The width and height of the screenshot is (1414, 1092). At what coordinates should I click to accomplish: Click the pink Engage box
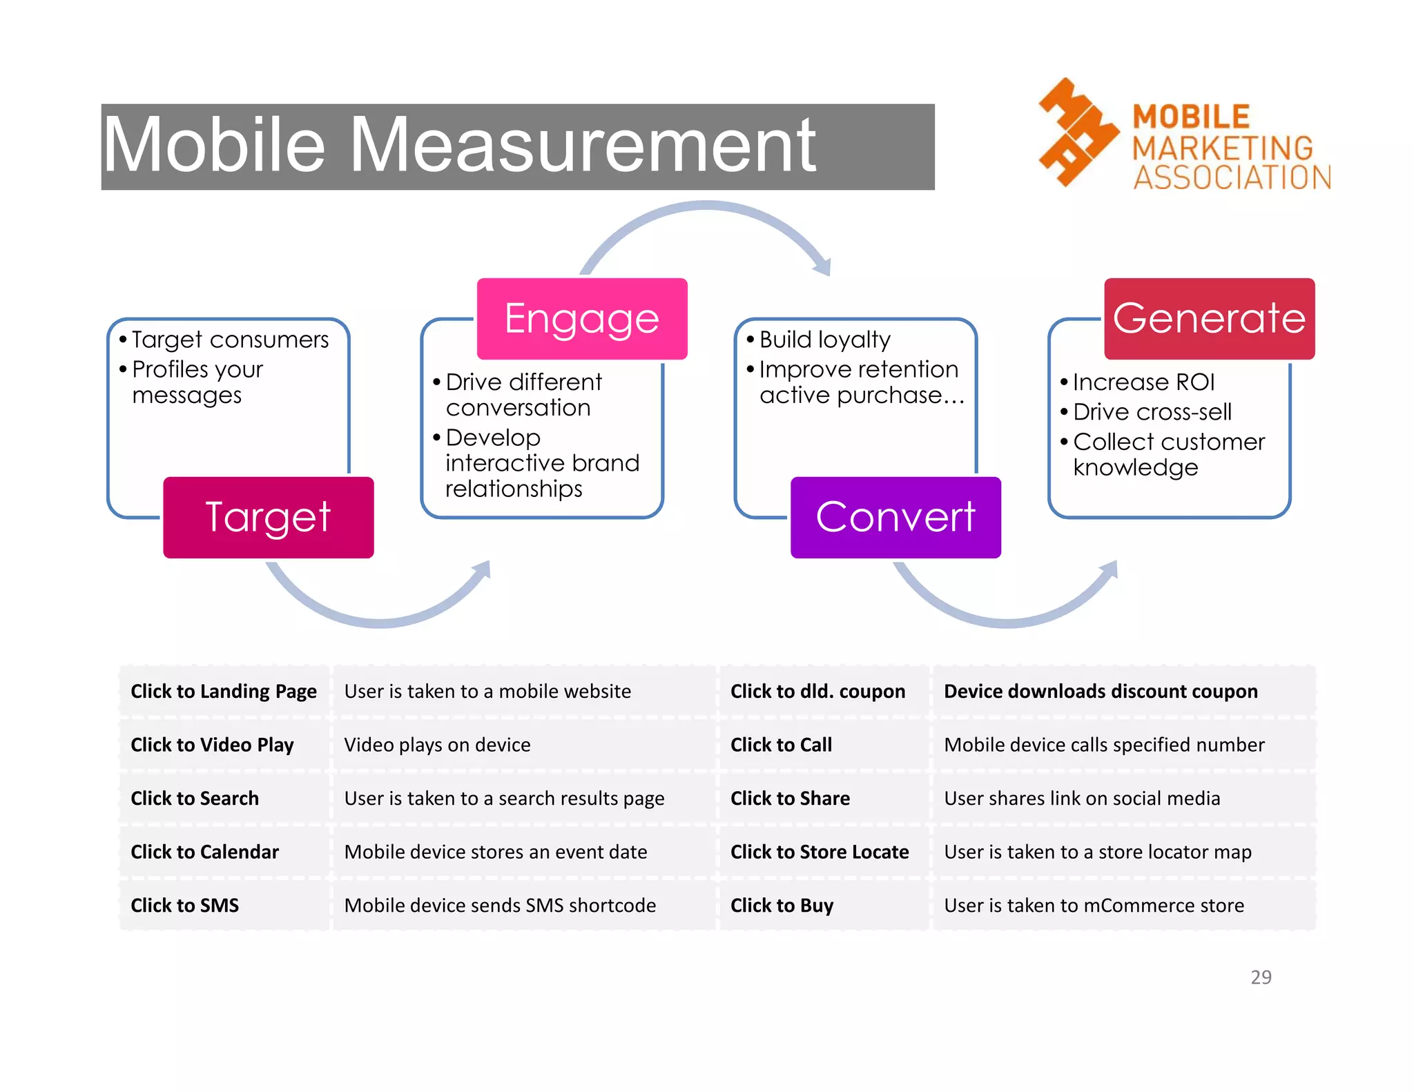(582, 318)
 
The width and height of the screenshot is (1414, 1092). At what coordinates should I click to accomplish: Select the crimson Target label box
(269, 517)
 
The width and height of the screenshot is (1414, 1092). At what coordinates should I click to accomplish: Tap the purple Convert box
(895, 517)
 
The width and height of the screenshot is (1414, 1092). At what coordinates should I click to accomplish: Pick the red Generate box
(1209, 318)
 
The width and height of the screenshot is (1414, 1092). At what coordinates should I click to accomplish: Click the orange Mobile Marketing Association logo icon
(1077, 132)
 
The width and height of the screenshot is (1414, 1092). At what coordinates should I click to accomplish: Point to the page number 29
(1261, 977)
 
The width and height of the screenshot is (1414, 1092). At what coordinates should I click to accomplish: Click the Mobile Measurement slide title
(459, 146)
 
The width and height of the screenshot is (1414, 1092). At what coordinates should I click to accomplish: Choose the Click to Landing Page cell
(224, 691)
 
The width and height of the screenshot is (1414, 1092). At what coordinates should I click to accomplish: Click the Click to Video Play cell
(212, 745)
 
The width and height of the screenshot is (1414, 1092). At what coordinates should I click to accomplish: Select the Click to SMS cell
(185, 905)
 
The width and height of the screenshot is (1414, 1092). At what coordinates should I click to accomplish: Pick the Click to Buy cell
(782, 905)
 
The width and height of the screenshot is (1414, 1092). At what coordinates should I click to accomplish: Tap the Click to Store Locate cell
(820, 852)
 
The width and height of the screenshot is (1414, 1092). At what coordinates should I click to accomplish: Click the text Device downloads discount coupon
(1101, 691)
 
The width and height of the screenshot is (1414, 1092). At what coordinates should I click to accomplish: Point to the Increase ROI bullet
(1143, 382)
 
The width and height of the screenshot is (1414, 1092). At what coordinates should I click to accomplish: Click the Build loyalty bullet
(824, 340)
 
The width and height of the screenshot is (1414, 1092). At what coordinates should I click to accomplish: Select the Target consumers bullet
(230, 340)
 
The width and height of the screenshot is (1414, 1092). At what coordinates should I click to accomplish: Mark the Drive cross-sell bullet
(1152, 412)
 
